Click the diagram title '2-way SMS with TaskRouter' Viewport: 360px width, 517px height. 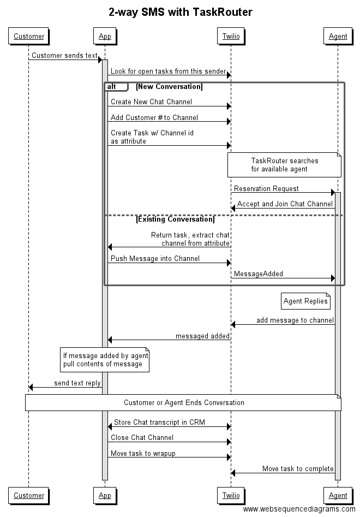[x=180, y=12]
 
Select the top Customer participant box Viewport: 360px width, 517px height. [x=29, y=37]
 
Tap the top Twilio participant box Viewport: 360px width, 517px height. [x=231, y=37]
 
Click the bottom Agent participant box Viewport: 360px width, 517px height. [x=338, y=495]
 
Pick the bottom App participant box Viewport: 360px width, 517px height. [x=104, y=495]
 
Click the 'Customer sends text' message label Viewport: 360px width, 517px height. [x=64, y=55]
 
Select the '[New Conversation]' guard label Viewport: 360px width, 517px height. [x=169, y=87]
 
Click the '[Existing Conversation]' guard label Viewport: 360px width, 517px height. [x=175, y=219]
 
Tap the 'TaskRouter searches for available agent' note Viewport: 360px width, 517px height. [x=284, y=165]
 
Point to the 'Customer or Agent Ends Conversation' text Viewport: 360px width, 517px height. [x=184, y=402]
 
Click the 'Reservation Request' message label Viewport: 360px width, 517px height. [x=266, y=188]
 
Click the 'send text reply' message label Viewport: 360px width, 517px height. [x=77, y=383]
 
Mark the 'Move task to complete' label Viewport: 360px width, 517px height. [x=298, y=468]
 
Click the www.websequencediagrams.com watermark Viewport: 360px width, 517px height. [x=299, y=509]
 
